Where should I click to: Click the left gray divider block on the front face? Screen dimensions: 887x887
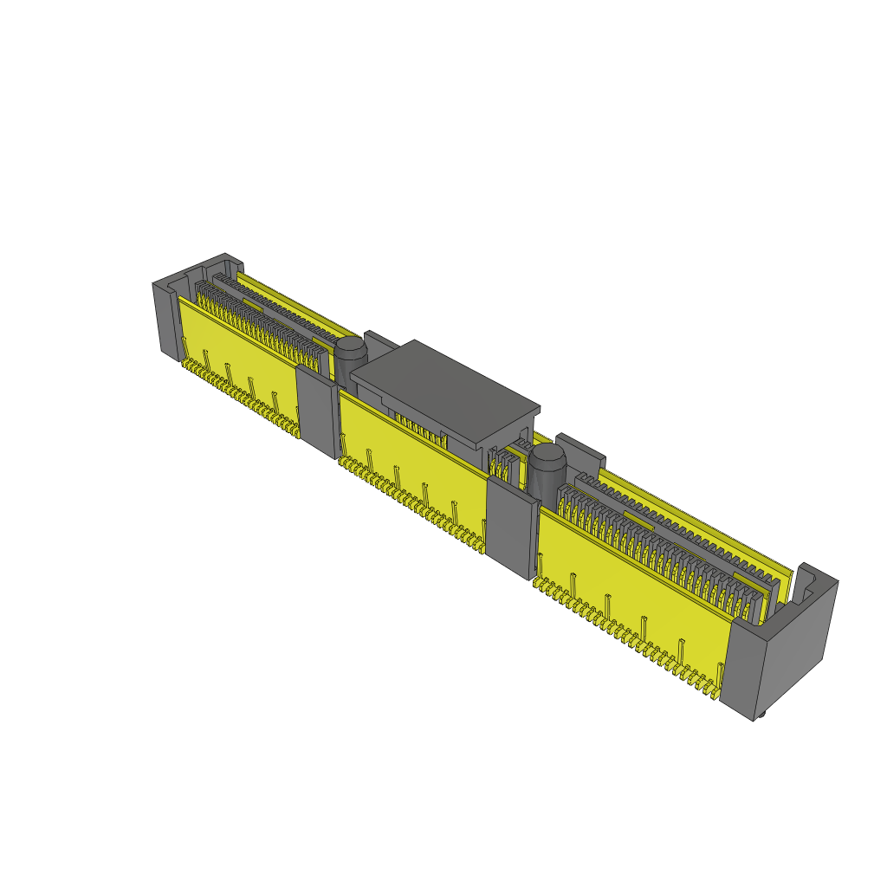[x=316, y=411]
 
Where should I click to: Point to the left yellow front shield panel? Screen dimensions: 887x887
[x=234, y=346]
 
